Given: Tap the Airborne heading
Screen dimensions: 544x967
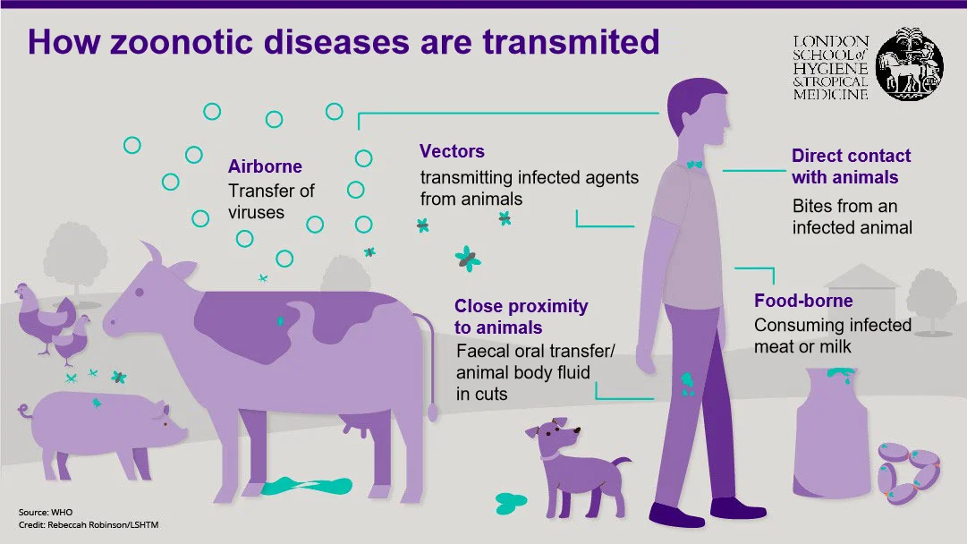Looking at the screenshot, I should click(x=265, y=166).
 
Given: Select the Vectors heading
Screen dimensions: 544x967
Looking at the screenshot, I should click(x=452, y=151).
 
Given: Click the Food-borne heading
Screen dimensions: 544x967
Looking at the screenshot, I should click(x=802, y=301).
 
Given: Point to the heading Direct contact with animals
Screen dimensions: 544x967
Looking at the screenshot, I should click(x=851, y=166).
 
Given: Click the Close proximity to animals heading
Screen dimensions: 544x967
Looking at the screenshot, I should click(x=521, y=317).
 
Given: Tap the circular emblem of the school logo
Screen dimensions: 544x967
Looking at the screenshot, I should click(x=909, y=64).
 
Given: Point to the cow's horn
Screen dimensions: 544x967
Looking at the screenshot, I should click(x=154, y=254).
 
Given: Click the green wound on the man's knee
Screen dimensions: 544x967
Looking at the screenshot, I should click(x=687, y=384).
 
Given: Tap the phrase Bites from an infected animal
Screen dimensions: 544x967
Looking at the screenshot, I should click(x=852, y=217).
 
